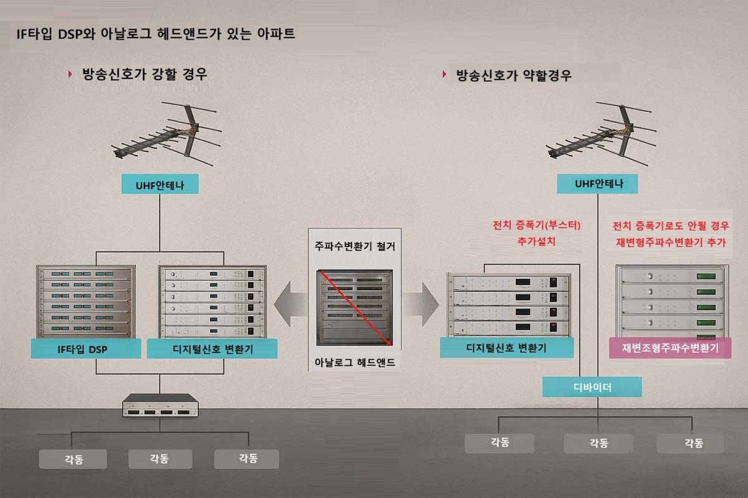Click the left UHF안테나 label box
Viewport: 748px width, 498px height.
pyautogui.click(x=160, y=184)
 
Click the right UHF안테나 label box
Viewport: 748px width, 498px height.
pyautogui.click(x=598, y=184)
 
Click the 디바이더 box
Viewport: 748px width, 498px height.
pyautogui.click(x=592, y=387)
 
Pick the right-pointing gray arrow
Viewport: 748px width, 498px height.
pyautogui.click(x=421, y=304)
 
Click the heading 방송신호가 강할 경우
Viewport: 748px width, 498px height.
pyautogui.click(x=145, y=75)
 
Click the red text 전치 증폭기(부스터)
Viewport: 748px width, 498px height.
pyautogui.click(x=536, y=225)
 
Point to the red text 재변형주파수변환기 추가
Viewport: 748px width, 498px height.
pyautogui.click(x=671, y=242)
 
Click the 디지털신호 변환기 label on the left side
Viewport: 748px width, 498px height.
pyautogui.click(x=212, y=349)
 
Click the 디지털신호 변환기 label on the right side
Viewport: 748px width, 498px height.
pyautogui.click(x=506, y=348)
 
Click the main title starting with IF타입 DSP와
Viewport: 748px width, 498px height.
pyautogui.click(x=156, y=34)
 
